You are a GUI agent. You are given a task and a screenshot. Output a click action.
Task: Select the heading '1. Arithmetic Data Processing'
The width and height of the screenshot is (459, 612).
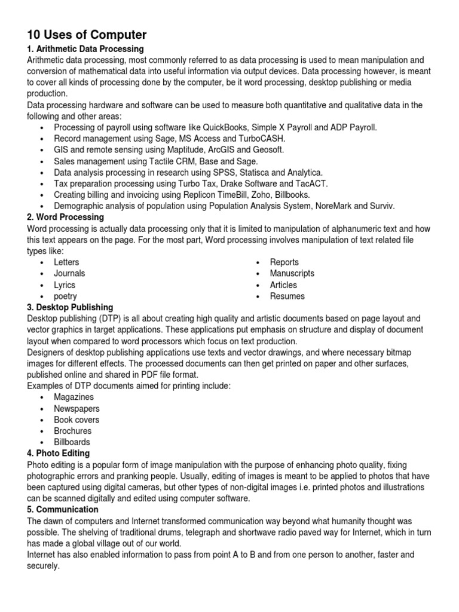[x=85, y=48]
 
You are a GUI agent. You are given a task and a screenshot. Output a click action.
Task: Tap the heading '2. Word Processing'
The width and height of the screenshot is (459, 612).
[x=65, y=217]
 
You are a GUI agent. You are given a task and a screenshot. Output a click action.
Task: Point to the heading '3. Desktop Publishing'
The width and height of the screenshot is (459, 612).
[x=72, y=307]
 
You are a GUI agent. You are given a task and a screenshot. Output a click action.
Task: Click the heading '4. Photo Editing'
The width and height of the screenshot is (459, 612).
[x=59, y=454]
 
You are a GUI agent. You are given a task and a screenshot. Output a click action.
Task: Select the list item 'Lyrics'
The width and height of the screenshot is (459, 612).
[x=65, y=285]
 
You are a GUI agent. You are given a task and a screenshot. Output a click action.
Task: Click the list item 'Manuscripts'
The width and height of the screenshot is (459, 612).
[x=292, y=273]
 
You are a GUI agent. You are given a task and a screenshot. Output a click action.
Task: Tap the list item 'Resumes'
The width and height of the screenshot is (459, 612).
[x=287, y=296]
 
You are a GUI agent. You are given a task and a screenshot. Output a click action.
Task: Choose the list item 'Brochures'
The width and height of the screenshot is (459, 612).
[x=72, y=431]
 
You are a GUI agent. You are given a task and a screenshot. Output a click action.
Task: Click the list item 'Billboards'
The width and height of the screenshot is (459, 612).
[x=72, y=442]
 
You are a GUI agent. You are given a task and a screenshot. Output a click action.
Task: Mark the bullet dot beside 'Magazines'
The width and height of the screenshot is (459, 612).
[x=41, y=397]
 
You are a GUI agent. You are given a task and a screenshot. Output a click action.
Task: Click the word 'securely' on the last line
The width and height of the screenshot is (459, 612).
[x=42, y=566]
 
